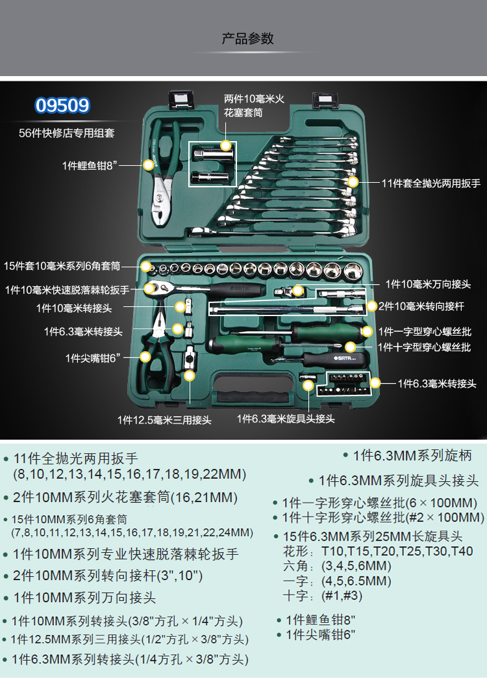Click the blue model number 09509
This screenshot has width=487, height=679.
tap(62, 105)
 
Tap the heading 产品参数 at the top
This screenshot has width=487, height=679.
tap(247, 38)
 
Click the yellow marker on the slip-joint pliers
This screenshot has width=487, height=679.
tap(148, 165)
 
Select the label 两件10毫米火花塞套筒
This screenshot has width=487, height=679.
tap(254, 105)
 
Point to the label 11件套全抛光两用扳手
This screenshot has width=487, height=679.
tap(431, 183)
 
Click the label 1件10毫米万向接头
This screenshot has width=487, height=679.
tap(428, 284)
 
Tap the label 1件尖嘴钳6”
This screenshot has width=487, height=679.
tap(93, 358)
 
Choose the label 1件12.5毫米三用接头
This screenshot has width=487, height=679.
tap(164, 419)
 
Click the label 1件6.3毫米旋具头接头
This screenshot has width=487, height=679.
tap(286, 418)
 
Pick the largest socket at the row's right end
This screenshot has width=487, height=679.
tap(353, 271)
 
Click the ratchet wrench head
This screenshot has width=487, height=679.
tap(156, 288)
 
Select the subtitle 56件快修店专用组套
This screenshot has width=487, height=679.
tap(67, 133)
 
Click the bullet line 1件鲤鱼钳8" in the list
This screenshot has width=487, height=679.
tap(321, 620)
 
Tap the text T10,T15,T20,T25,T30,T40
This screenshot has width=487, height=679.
tap(397, 552)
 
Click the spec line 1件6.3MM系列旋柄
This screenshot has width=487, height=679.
tap(412, 455)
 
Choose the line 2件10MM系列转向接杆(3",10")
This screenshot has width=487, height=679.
tap(108, 576)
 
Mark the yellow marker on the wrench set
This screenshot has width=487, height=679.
tap(353, 182)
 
